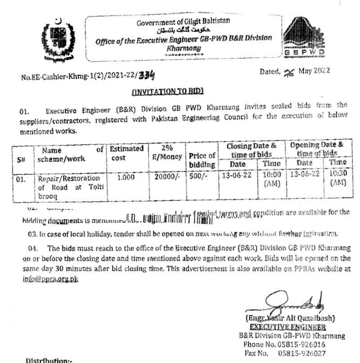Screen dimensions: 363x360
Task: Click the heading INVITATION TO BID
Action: tap(167, 91)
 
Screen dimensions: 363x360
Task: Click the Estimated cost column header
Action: tap(126, 153)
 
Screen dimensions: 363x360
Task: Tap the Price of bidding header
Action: tap(202, 160)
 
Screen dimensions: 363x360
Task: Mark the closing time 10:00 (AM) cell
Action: tap(271, 179)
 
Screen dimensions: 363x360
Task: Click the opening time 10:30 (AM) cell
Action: tap(337, 178)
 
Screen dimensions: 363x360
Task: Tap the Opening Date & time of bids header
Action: tap(316, 149)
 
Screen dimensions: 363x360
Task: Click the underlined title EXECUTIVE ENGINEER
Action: tap(288, 327)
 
